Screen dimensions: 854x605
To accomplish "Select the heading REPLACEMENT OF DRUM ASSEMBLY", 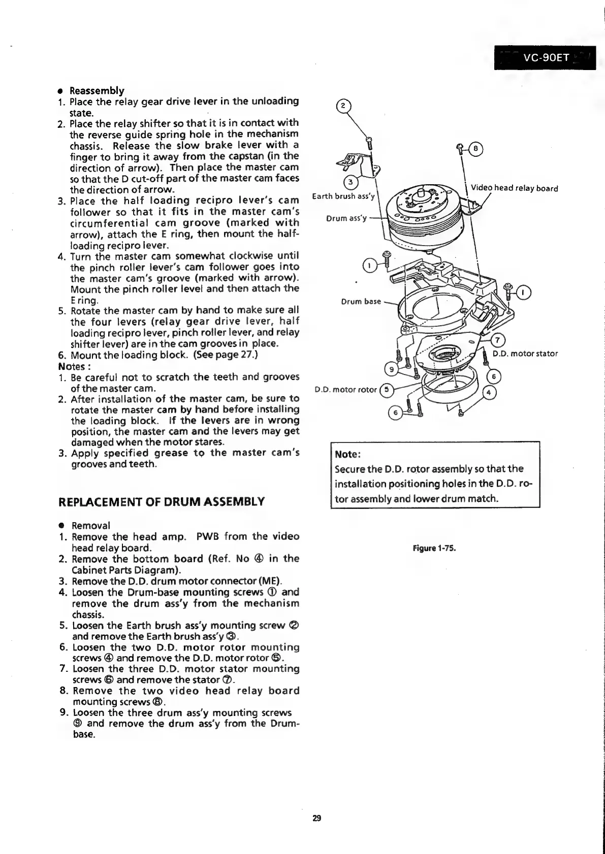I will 162,502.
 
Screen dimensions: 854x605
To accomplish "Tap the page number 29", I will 316,818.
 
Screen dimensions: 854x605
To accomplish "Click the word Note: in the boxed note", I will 348,454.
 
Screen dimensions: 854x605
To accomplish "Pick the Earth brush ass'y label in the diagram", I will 343,196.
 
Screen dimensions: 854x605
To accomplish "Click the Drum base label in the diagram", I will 361,301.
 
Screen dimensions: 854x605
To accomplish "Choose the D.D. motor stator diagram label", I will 525,354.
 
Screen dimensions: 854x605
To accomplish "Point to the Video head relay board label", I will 514,189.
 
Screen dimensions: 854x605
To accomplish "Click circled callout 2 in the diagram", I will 343,106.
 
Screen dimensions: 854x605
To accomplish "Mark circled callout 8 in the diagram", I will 475,149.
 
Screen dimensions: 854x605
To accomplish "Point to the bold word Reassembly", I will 97,91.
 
